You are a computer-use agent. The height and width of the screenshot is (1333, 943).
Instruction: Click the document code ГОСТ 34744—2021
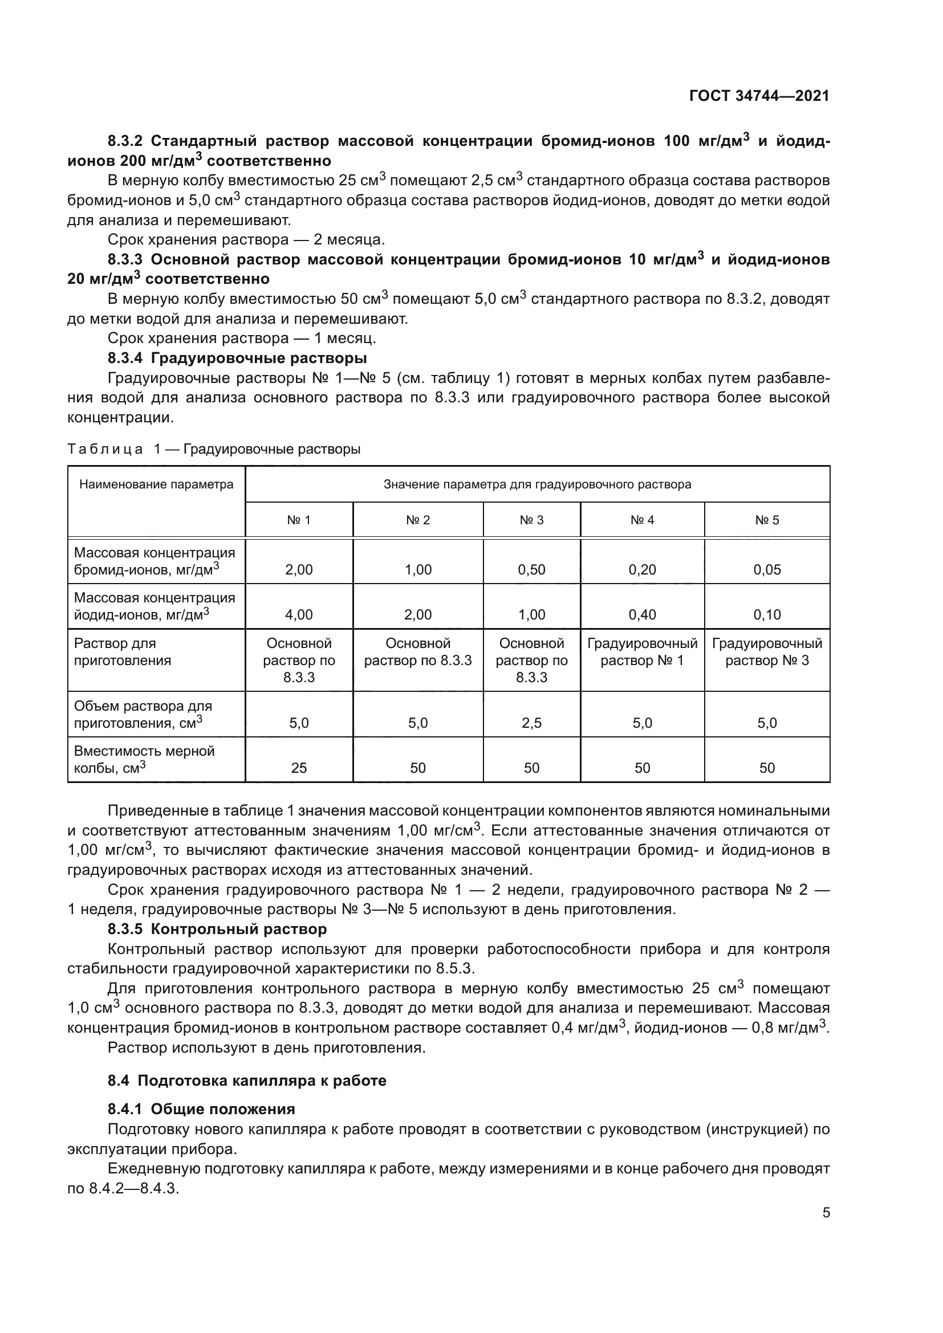pyautogui.click(x=759, y=96)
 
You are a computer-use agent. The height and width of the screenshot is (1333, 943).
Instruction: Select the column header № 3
pyautogui.click(x=531, y=520)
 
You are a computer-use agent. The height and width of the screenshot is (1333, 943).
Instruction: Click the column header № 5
pyautogui.click(x=766, y=520)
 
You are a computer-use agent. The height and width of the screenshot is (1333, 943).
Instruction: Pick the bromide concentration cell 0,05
pyautogui.click(x=766, y=569)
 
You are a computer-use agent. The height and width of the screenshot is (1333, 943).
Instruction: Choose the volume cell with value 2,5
pyautogui.click(x=531, y=723)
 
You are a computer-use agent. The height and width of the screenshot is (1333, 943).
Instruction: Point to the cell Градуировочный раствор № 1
pyautogui.click(x=641, y=652)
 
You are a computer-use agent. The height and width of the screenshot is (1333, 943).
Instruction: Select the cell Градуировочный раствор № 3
pyautogui.click(x=766, y=652)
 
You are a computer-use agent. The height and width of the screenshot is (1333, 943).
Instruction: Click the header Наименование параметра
pyautogui.click(x=156, y=485)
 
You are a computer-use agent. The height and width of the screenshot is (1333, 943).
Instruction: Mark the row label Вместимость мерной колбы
pyautogui.click(x=144, y=759)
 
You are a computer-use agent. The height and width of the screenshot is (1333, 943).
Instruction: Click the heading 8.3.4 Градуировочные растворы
pyautogui.click(x=237, y=358)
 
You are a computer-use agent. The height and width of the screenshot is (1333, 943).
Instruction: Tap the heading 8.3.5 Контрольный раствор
pyautogui.click(x=217, y=929)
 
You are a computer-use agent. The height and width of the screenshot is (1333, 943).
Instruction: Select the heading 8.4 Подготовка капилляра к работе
pyautogui.click(x=247, y=1081)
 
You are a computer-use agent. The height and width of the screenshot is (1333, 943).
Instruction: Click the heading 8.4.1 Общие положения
pyautogui.click(x=201, y=1109)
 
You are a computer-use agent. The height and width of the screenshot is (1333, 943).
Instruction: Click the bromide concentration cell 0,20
pyautogui.click(x=641, y=569)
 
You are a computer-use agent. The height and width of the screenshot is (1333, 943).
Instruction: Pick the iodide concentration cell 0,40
pyautogui.click(x=641, y=615)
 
